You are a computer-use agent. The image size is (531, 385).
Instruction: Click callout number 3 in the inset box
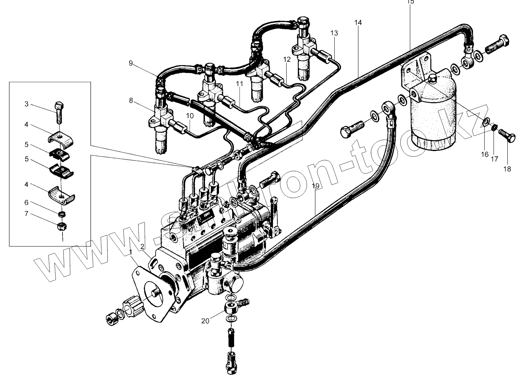coord(26,104)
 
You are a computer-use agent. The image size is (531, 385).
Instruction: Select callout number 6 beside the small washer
coord(26,203)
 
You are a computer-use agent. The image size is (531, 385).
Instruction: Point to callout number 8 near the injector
coord(131,100)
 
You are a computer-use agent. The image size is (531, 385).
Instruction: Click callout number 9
coord(131,63)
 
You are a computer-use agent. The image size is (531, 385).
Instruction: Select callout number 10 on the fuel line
coord(190,116)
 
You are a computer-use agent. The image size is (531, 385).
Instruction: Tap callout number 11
coord(239,83)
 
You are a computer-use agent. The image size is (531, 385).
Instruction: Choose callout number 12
coord(287,59)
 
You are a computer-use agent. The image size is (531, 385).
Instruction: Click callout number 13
coord(334,33)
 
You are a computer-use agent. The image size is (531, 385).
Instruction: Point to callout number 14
coord(358,23)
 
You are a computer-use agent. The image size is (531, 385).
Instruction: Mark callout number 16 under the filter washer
coord(484,154)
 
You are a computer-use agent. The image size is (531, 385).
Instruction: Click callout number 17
coord(494,159)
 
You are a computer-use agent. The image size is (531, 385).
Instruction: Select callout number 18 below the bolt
coord(507,169)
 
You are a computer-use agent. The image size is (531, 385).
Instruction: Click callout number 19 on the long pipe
coord(315,186)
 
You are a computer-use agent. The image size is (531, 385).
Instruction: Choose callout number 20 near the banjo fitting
coord(205,321)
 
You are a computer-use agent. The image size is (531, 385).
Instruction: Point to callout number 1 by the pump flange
coord(131,252)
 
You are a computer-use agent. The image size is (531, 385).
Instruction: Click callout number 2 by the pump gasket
coord(142,246)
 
